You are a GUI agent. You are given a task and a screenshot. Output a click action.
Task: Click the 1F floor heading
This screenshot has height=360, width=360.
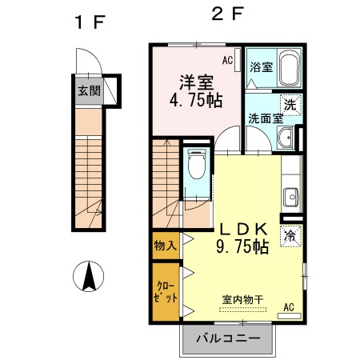[x=90, y=22]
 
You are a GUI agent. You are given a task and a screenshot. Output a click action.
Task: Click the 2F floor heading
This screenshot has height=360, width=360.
[x=227, y=14]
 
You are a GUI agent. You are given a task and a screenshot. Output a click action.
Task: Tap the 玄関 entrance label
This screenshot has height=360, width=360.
[x=89, y=91]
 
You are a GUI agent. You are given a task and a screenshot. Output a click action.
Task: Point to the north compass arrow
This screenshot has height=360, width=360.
[x=89, y=276]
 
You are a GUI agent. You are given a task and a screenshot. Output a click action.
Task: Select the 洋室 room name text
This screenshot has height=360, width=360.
[x=197, y=82]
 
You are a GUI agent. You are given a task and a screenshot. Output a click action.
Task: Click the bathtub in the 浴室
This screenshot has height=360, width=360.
[x=289, y=68]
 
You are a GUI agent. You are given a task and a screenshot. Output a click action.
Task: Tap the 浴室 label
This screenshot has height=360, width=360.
[x=262, y=67]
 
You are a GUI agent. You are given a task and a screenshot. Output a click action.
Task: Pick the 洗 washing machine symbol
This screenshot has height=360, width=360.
[x=290, y=105]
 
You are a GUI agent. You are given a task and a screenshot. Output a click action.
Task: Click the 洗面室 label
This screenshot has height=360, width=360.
[x=266, y=118]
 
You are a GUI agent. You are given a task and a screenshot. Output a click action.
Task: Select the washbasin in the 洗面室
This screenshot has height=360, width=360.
[x=285, y=138]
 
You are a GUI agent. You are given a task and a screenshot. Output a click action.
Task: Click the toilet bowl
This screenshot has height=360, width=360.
[x=197, y=163]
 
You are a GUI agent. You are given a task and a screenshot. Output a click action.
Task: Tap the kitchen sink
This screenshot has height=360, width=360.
[x=290, y=198]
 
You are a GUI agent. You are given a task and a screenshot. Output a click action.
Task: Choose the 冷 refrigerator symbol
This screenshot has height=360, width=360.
[x=290, y=236]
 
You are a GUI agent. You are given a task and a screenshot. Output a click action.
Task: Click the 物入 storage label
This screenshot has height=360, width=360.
[x=166, y=246]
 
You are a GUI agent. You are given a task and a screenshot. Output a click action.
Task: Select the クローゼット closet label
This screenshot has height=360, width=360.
[x=166, y=292]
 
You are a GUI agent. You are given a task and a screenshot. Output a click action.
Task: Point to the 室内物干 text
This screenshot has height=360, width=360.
[x=242, y=300]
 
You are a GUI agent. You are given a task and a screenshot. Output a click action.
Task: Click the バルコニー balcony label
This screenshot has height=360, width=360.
[x=228, y=338]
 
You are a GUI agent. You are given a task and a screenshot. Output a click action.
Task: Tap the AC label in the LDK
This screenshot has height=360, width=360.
[x=289, y=307]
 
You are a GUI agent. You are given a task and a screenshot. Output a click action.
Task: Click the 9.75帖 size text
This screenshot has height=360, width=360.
[x=242, y=246]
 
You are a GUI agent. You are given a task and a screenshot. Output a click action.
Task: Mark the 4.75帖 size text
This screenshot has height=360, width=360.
[x=196, y=100]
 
